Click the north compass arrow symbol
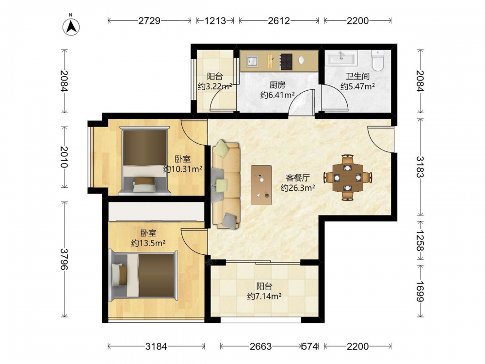[x=71, y=27]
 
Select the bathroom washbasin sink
[x=341, y=58]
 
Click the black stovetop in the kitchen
[x=286, y=62]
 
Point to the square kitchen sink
[x=252, y=61]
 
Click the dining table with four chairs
[x=348, y=178]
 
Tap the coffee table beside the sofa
[x=261, y=185]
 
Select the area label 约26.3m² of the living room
[x=298, y=187]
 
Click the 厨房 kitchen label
[x=277, y=85]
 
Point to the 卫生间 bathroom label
[x=357, y=76]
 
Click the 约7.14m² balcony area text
[x=264, y=297]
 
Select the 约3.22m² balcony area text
[x=215, y=86]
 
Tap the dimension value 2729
[x=149, y=21]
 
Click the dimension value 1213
[x=216, y=21]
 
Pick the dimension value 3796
[x=64, y=259]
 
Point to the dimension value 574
[x=309, y=346]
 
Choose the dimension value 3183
[x=420, y=167]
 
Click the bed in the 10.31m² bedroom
[x=145, y=161]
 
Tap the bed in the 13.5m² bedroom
[x=143, y=276]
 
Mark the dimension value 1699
[x=420, y=291]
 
